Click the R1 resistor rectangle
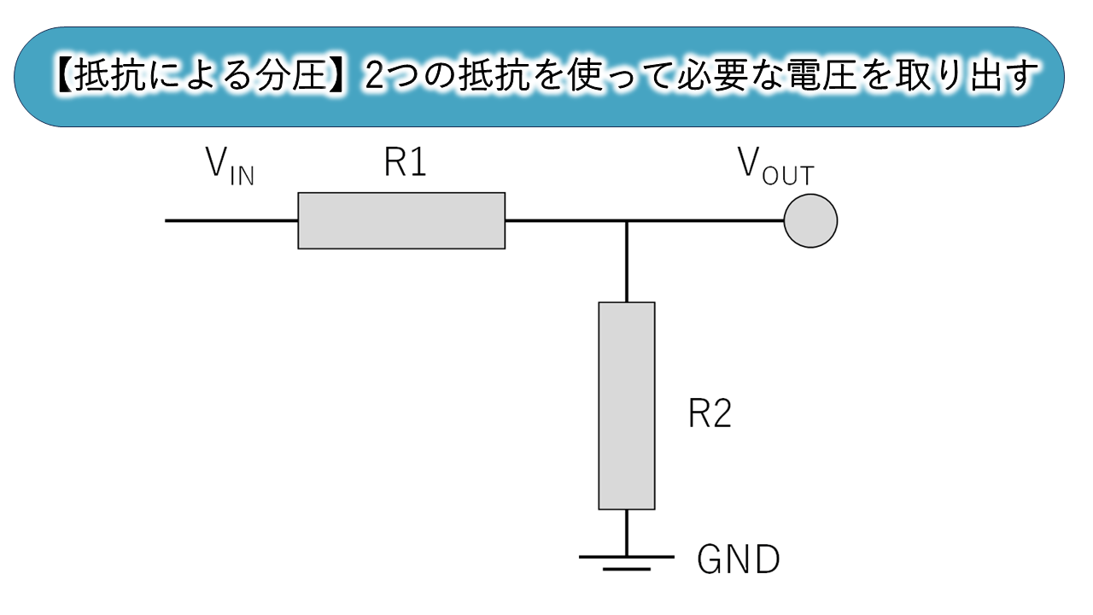[x=401, y=220]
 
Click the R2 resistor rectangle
[x=627, y=406]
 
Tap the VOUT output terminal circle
[x=810, y=220]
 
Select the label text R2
[x=710, y=416]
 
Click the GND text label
[x=739, y=561]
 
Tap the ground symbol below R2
[x=627, y=560]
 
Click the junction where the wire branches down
[x=627, y=220]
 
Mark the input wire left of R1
[x=231, y=220]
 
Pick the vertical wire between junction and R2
[x=627, y=261]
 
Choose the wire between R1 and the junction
[x=565, y=220]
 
